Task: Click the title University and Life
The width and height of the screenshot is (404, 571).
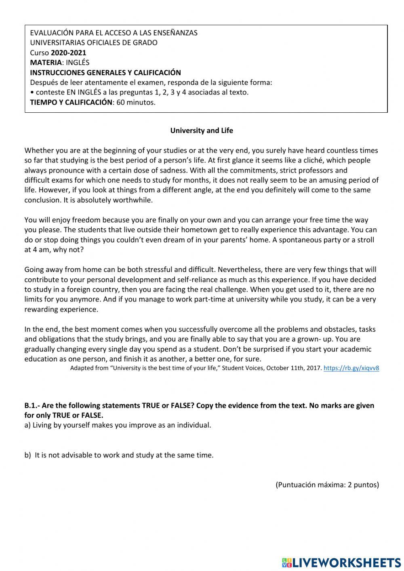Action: [x=202, y=131]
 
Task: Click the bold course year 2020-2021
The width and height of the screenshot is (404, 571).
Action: [x=68, y=53]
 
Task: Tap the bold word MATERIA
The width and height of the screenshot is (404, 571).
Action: [x=46, y=62]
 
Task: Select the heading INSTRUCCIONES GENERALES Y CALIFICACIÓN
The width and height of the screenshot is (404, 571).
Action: [x=105, y=72]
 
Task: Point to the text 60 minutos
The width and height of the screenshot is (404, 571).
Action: [x=136, y=102]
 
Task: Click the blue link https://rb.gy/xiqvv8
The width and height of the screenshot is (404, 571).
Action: [x=351, y=368]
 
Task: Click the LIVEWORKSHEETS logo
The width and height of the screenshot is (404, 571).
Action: [x=341, y=562]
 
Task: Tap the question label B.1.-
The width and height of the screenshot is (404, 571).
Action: [x=32, y=405]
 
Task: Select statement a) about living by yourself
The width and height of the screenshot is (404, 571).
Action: [x=118, y=425]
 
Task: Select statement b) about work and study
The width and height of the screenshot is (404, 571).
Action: [x=119, y=455]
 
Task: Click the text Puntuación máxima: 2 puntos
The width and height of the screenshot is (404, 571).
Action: [x=327, y=485]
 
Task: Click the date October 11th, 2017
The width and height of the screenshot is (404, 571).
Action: [x=294, y=368]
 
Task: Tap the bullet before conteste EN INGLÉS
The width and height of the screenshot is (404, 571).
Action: [x=32, y=92]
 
